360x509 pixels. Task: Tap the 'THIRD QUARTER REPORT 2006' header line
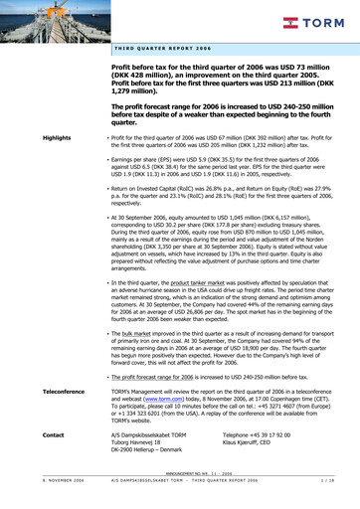[x=162, y=48]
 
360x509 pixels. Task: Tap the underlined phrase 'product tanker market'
[x=176, y=283]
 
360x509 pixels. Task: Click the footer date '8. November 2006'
[x=34, y=501]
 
